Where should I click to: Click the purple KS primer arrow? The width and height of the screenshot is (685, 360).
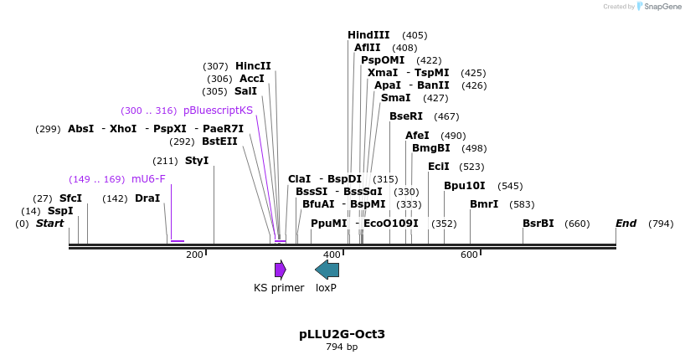click(280, 270)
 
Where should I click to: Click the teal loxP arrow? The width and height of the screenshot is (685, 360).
click(327, 270)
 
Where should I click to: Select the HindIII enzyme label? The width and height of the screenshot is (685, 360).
click(368, 35)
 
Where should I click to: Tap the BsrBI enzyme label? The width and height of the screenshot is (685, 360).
click(538, 224)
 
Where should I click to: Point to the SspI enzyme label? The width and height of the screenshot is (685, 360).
click(60, 211)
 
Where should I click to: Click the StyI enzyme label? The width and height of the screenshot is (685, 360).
click(197, 161)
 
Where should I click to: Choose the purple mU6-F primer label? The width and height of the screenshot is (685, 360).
click(148, 179)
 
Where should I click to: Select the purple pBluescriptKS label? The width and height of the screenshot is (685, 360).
click(218, 111)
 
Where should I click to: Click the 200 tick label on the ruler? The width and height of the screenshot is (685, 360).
click(194, 255)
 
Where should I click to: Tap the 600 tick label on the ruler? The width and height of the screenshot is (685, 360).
click(469, 255)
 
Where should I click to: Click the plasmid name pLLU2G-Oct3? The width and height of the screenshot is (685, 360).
click(342, 334)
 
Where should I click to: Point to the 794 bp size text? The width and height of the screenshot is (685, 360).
click(342, 347)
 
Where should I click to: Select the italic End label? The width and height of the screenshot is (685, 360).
click(626, 224)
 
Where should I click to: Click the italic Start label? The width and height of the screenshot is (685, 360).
click(49, 224)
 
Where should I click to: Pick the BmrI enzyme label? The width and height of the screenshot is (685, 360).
click(484, 204)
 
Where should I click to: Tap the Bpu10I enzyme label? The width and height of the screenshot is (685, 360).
click(464, 186)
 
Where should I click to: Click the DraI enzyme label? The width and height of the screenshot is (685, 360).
click(147, 198)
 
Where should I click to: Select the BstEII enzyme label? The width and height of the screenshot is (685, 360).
click(219, 141)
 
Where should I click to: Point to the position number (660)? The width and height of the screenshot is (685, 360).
click(577, 224)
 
